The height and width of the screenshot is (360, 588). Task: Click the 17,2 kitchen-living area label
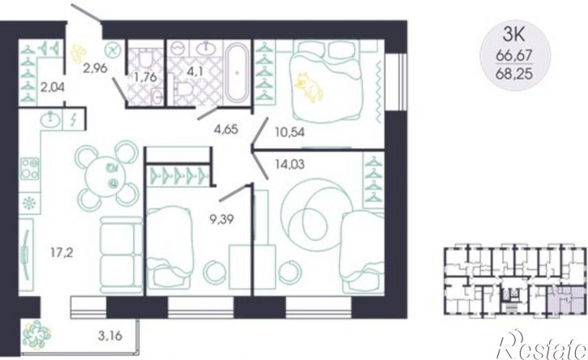pos(62,254)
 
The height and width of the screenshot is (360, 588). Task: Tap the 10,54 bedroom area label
pos(289,132)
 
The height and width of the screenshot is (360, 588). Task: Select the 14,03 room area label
pos(290,165)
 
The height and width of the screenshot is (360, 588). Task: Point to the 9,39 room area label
pos(221,219)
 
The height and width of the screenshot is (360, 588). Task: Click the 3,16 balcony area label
pos(109,336)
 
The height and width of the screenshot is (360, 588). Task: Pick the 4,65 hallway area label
pos(226,130)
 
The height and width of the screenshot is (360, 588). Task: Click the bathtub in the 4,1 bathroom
pos(236,72)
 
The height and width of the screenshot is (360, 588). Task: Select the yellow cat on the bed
pos(308,87)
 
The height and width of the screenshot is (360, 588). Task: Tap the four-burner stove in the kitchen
pos(30,169)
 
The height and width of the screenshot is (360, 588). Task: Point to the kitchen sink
pos(50,119)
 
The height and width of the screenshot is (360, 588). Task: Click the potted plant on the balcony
pos(36,335)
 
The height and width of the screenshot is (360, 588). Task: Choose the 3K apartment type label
pos(513,37)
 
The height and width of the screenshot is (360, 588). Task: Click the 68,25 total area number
pos(514,74)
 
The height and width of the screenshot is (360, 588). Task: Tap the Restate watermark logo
pos(540,345)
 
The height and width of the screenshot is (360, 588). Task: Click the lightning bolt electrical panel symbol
pos(74,120)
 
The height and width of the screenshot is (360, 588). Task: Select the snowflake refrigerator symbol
pos(29,204)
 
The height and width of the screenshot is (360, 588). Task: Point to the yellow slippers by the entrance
pos(78,54)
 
